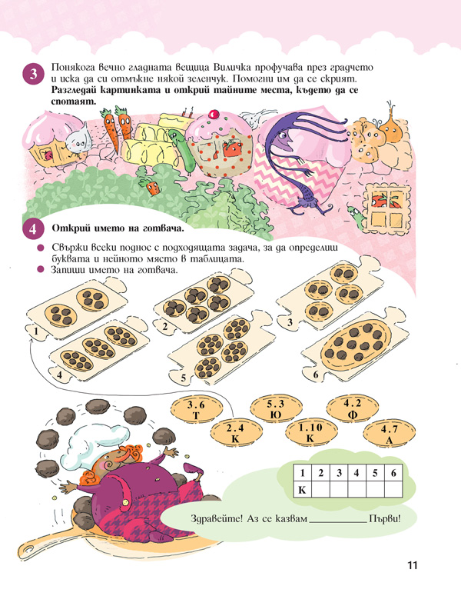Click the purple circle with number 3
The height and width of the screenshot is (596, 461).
click(33, 74)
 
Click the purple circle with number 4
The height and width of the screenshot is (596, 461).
click(33, 229)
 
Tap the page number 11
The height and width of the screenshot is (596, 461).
click(413, 565)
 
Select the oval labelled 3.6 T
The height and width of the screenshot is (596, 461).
click(196, 410)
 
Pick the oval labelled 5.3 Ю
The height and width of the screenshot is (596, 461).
click(276, 408)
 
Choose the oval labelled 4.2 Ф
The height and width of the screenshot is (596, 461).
click(353, 408)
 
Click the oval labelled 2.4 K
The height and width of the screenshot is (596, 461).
click(236, 432)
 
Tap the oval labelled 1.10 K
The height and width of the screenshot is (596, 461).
click(310, 432)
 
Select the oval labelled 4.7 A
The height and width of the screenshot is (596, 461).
click(390, 434)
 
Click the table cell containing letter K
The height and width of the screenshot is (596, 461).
click(303, 490)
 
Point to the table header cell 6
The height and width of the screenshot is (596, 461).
click(393, 473)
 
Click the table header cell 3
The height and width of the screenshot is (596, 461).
click(339, 473)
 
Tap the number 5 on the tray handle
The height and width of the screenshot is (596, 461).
click(184, 378)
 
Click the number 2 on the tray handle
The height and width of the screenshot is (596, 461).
click(164, 327)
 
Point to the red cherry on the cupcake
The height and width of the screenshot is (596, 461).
click(214, 113)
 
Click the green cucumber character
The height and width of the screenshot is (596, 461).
click(183, 149)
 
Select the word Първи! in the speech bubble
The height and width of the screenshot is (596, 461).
click(385, 518)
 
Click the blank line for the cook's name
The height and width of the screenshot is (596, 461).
click(338, 522)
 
